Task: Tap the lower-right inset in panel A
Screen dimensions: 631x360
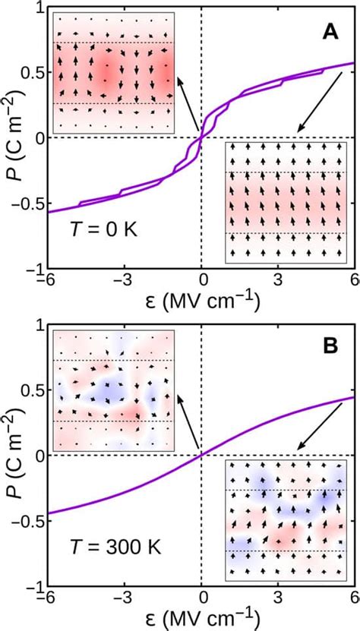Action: click(x=286, y=203)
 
